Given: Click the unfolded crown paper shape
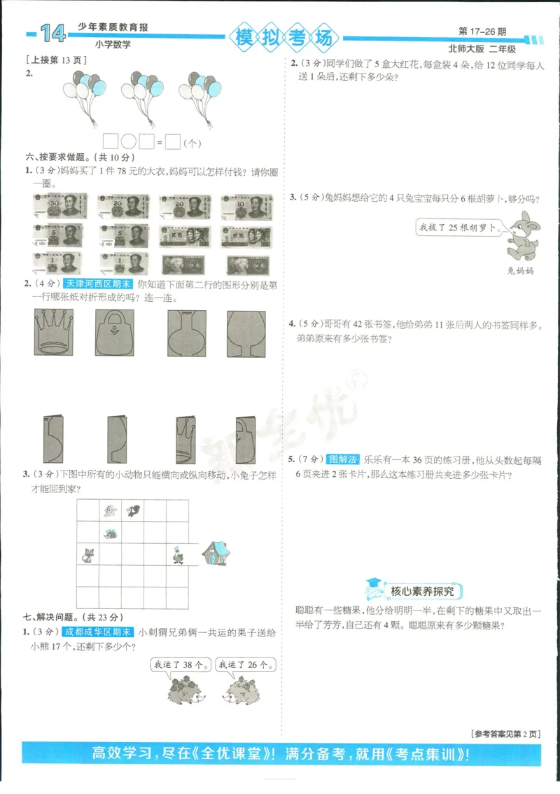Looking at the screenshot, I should click(x=54, y=333).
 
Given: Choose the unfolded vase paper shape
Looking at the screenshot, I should click(x=186, y=333).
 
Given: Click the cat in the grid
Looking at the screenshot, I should click(x=89, y=555).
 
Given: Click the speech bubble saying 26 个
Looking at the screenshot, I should click(x=245, y=664).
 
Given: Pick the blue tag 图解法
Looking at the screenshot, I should click(x=343, y=459).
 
